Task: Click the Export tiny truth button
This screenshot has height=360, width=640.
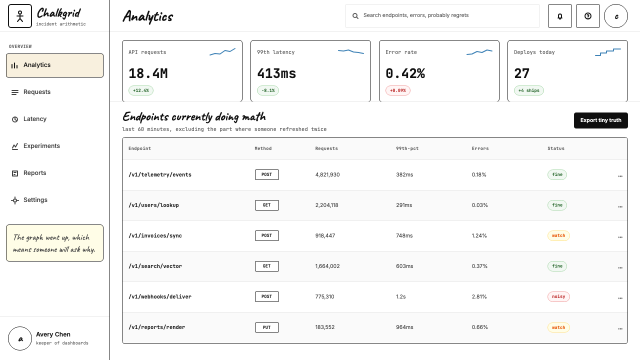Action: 600,120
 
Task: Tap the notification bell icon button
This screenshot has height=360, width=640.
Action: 559,16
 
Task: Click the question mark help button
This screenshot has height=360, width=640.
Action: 587,16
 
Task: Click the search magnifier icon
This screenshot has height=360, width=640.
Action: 355,16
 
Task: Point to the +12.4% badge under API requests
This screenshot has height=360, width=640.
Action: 141,90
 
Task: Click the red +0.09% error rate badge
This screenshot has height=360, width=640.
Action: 397,90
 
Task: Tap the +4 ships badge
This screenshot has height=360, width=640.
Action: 529,90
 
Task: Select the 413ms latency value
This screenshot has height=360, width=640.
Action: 276,73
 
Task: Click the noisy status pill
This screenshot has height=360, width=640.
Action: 558,296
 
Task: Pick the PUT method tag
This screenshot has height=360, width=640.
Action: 266,327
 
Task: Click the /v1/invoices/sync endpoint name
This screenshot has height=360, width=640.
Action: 155,235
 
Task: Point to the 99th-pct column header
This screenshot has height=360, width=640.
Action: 407,148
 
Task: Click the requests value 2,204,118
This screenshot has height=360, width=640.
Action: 326,205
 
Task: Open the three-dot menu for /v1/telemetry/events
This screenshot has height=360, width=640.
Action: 620,176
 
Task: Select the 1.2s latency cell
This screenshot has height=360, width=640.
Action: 401,296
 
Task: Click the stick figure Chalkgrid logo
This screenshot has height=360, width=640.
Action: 19,16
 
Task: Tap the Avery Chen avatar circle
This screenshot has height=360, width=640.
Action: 19,338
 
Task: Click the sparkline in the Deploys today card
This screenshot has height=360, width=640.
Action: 607,52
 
